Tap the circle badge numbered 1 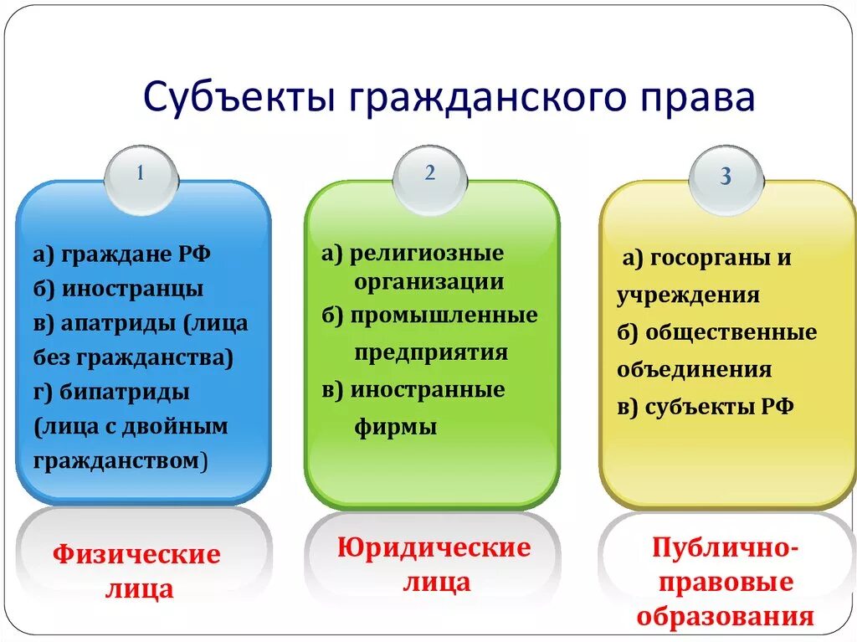141,175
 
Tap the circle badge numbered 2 429,174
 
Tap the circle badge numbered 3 726,177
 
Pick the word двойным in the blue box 185,426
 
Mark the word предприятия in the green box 430,352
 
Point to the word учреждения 688,295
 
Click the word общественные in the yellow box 731,332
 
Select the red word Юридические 434,548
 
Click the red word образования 725,617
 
